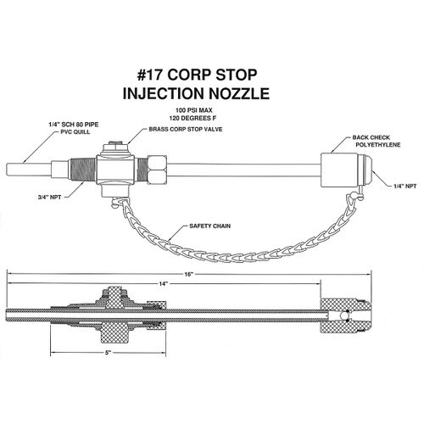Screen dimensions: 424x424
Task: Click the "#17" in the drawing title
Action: pyautogui.click(x=150, y=75)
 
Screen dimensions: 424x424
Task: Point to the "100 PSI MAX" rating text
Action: pyautogui.click(x=193, y=110)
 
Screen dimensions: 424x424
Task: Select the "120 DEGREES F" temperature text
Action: pyautogui.click(x=192, y=118)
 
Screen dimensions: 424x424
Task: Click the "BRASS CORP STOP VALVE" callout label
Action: pyautogui.click(x=186, y=129)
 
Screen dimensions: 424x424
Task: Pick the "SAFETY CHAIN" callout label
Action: pyautogui.click(x=209, y=226)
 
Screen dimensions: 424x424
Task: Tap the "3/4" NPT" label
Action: pyautogui.click(x=49, y=198)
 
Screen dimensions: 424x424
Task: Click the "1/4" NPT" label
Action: pyautogui.click(x=405, y=187)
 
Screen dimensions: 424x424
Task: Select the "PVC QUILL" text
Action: pyautogui.click(x=75, y=132)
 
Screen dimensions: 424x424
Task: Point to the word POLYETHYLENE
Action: pyautogui.click(x=378, y=145)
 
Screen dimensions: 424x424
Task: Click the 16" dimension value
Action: pyautogui.click(x=188, y=274)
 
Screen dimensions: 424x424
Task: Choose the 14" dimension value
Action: pyautogui.click(x=163, y=284)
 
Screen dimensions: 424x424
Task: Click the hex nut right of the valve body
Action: pyautogui.click(x=157, y=170)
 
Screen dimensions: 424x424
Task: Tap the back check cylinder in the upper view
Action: pyautogui.click(x=339, y=170)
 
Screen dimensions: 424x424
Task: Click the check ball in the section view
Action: pyautogui.click(x=344, y=315)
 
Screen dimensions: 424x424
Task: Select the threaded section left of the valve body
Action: pyautogui.click(x=82, y=170)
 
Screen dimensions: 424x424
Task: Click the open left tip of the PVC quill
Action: pyautogui.click(x=7, y=170)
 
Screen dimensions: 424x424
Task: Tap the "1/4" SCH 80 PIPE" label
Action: pyautogui.click(x=73, y=125)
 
